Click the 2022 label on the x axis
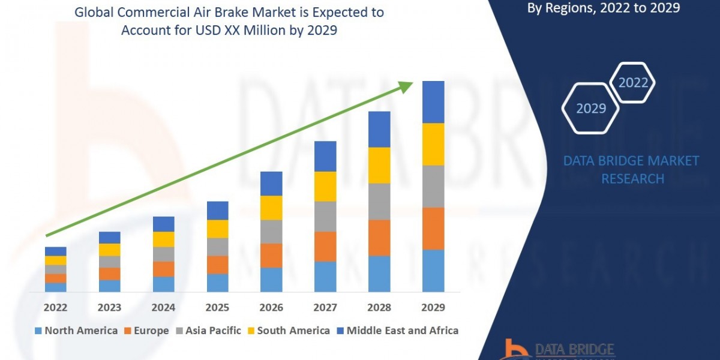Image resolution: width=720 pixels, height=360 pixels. (55, 307)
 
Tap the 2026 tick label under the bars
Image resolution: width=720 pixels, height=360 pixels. (271, 307)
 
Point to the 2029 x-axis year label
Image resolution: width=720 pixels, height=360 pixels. (433, 307)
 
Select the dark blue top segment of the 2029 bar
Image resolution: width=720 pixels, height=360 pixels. (433, 102)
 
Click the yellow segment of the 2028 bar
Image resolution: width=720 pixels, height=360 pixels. (379, 165)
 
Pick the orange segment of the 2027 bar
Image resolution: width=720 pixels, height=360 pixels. (325, 246)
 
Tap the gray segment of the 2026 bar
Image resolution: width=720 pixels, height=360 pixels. (271, 231)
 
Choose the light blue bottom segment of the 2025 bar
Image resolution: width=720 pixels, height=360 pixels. (217, 283)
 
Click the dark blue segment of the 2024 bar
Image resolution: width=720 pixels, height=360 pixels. (163, 224)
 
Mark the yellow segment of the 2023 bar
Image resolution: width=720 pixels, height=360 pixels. (109, 250)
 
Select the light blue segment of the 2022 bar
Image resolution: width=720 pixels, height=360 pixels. (55, 287)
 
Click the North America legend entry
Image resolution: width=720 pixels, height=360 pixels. (76, 331)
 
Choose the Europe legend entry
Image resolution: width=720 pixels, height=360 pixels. (147, 331)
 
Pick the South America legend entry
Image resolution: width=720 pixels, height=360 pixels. (288, 331)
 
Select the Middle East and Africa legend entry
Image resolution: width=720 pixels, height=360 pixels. (397, 331)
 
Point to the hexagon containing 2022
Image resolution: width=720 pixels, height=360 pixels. (632, 83)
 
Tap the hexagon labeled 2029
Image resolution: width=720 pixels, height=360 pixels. (590, 109)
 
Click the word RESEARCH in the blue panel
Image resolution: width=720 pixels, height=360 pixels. (632, 179)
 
